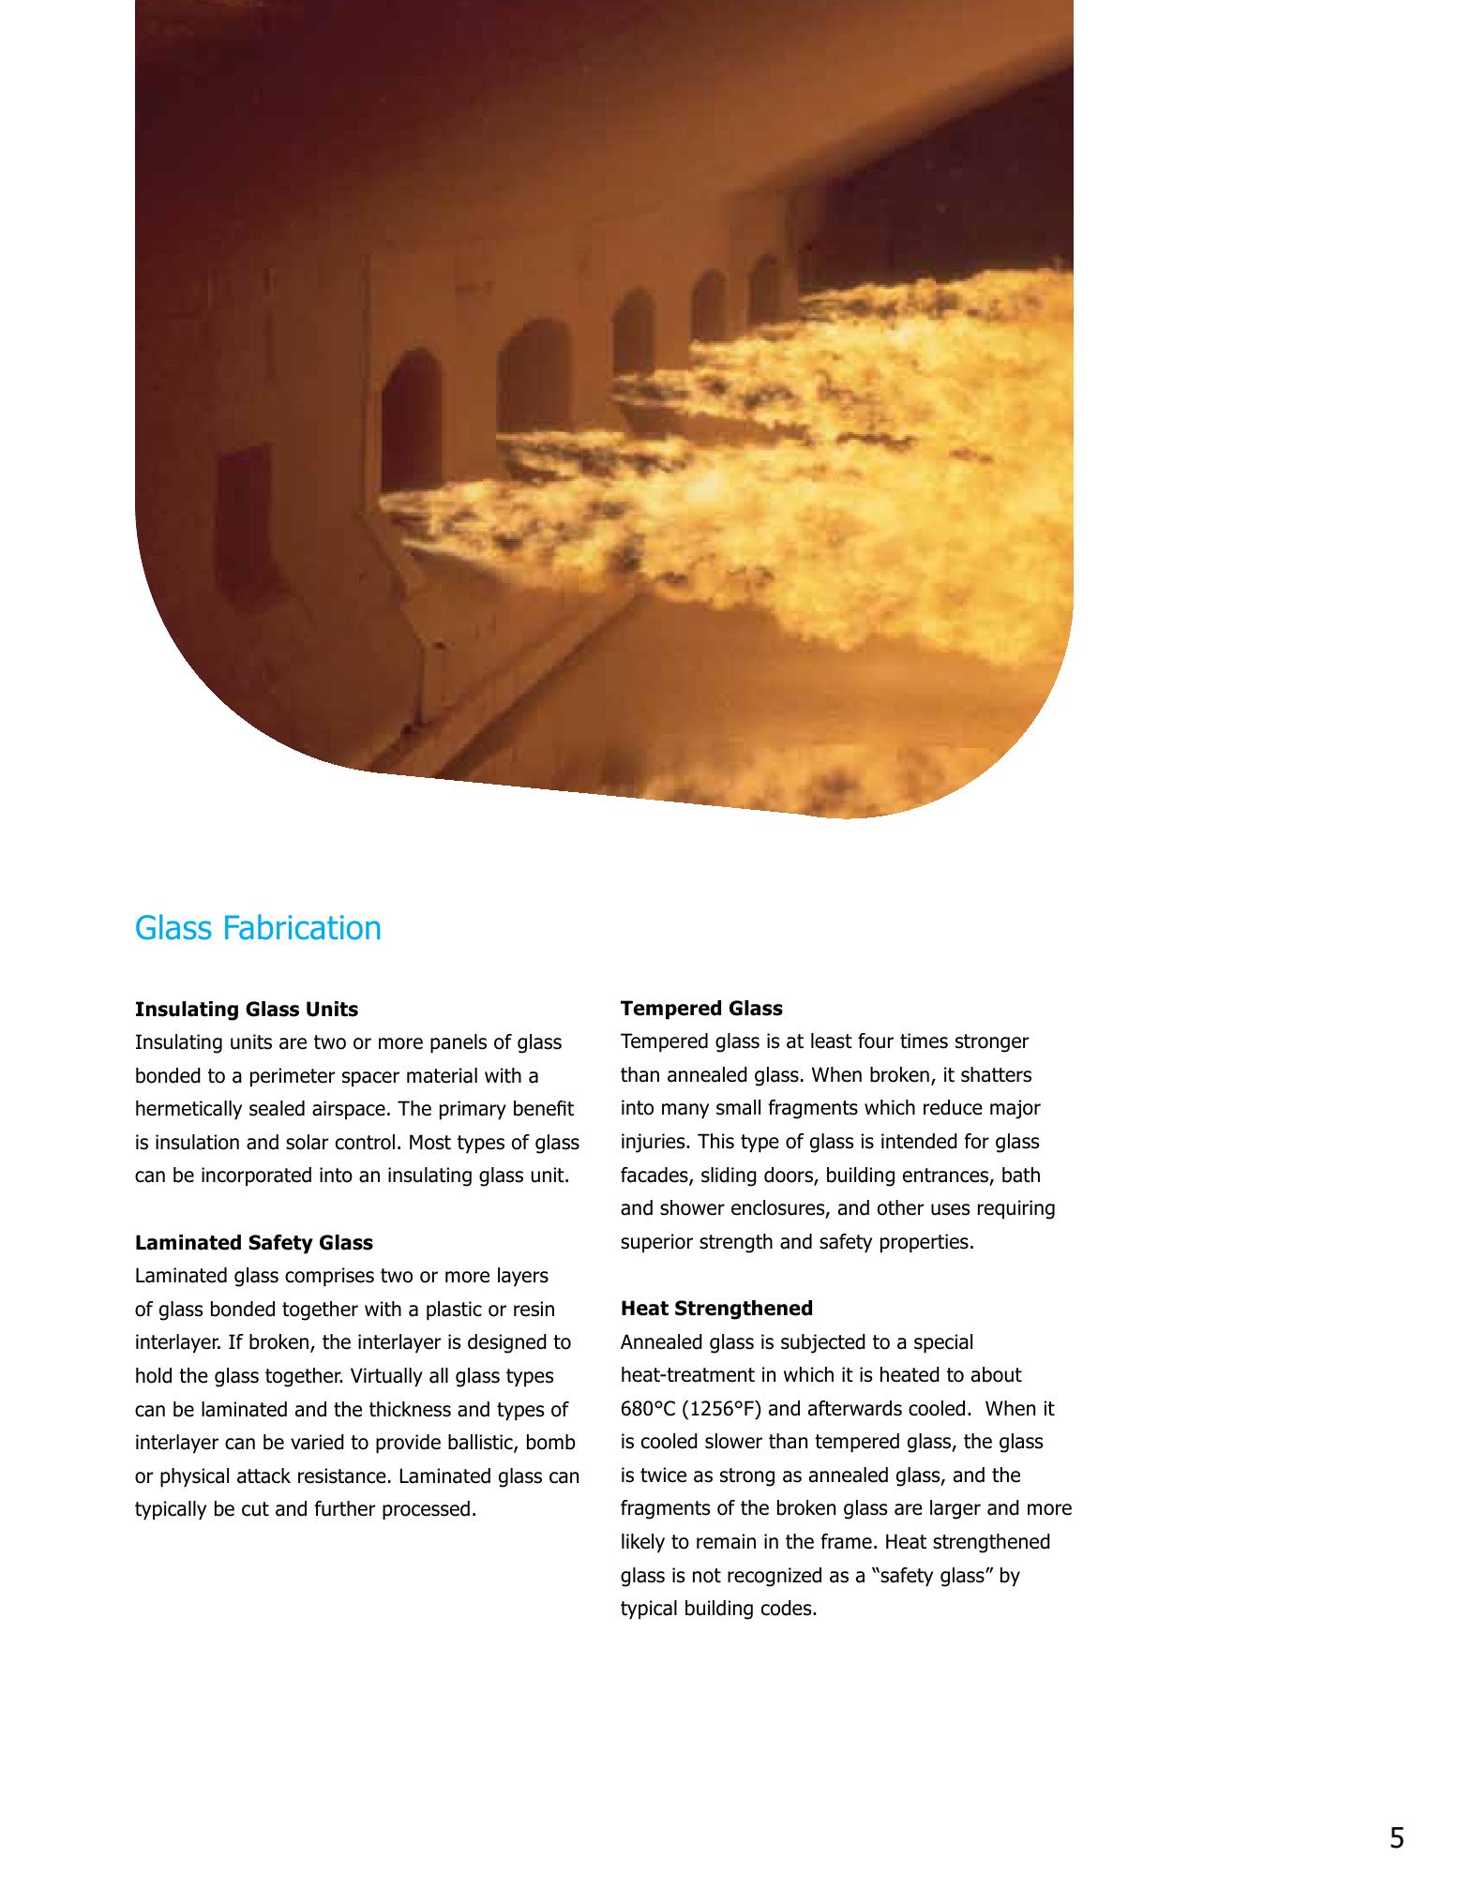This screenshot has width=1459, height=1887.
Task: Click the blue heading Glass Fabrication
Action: click(x=258, y=928)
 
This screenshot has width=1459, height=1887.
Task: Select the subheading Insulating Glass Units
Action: click(x=247, y=1010)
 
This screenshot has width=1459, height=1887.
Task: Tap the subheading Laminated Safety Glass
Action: click(x=254, y=1243)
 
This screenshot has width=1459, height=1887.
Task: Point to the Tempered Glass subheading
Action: click(x=701, y=1009)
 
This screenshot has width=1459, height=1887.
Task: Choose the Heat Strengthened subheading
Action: click(x=716, y=1309)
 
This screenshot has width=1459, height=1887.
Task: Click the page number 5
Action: click(x=1397, y=1839)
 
